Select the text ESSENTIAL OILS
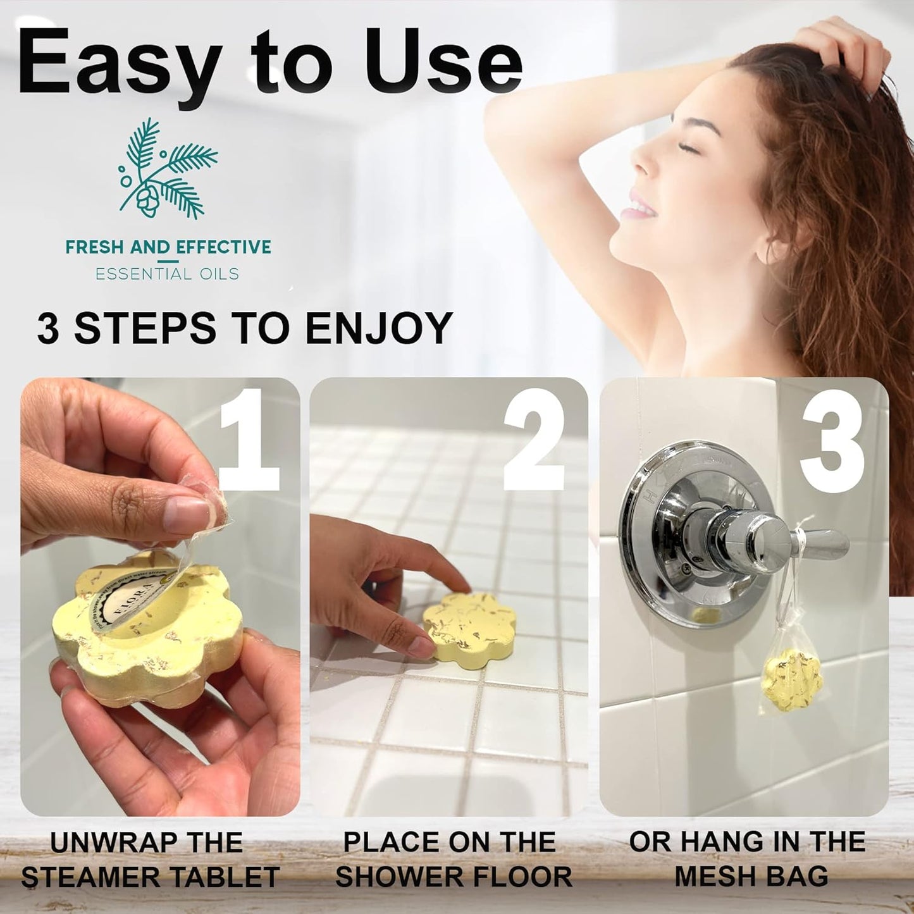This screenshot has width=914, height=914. pyautogui.click(x=167, y=274)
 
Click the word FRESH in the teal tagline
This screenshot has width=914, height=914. pyautogui.click(x=94, y=247)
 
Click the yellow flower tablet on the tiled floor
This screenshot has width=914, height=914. pyautogui.click(x=468, y=626)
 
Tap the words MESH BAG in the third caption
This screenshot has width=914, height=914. pyautogui.click(x=751, y=877)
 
